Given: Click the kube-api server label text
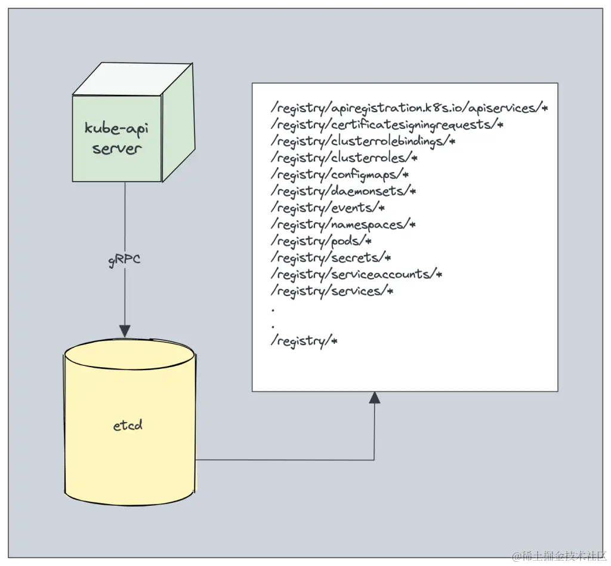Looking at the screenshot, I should click(117, 138).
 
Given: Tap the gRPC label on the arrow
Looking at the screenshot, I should click(125, 260).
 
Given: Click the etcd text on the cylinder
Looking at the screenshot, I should click(128, 426).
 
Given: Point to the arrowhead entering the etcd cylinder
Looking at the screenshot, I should click(125, 330).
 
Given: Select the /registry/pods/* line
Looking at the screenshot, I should click(322, 241).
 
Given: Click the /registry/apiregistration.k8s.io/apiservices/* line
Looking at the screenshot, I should click(409, 108).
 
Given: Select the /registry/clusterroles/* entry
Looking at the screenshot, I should click(344, 158).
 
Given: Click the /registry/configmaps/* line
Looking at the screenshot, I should click(340, 175).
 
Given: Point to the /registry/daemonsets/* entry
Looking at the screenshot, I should click(343, 192).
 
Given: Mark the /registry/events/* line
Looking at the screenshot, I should click(328, 208).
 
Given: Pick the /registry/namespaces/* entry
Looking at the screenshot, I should click(343, 224).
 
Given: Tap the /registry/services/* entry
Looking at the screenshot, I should click(332, 291).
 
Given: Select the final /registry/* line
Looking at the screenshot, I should click(304, 342).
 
